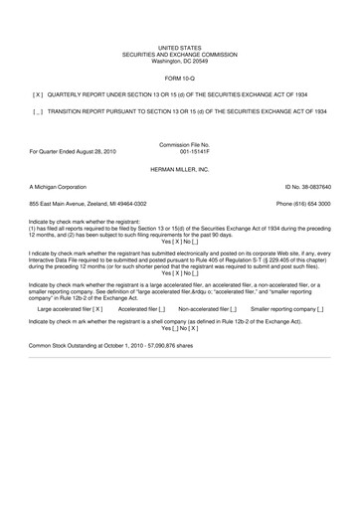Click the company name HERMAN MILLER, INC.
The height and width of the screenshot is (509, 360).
(x=179, y=168)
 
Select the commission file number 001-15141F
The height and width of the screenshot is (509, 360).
(x=180, y=151)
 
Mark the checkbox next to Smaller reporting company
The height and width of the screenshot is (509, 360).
(x=324, y=309)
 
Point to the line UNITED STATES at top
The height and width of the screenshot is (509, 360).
(x=179, y=47)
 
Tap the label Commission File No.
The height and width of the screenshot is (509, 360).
(x=179, y=144)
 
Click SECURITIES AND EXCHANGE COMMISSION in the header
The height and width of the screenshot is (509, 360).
(x=179, y=54)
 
